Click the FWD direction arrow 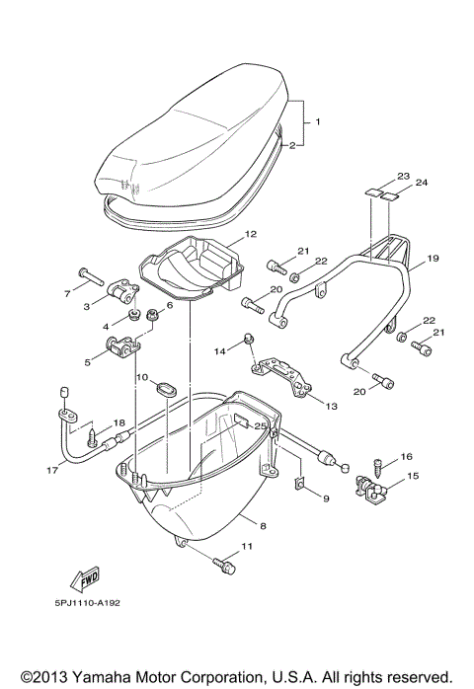[84, 578]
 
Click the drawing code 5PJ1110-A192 [87, 603]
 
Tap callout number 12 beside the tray [250, 234]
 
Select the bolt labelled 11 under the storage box [224, 565]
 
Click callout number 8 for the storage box [263, 525]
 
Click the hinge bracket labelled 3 [123, 291]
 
